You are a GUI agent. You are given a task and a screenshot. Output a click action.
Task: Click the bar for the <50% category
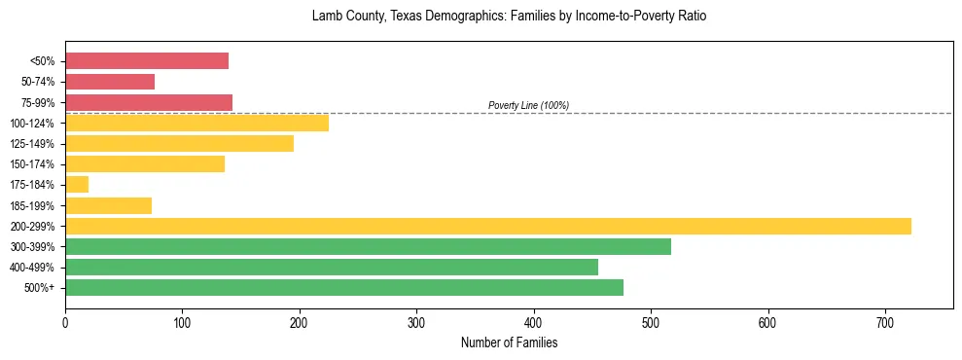click(147, 61)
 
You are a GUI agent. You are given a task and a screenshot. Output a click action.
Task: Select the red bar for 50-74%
click(110, 82)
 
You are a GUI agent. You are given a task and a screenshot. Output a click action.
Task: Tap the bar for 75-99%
click(149, 102)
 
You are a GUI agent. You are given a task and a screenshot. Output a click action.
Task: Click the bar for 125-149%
click(179, 143)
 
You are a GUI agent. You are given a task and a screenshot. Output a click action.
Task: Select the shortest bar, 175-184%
click(77, 185)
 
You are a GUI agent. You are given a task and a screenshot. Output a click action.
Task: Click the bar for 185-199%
click(108, 205)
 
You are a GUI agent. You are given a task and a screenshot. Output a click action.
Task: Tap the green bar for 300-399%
click(368, 246)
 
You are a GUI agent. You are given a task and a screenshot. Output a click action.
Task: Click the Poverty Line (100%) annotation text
click(528, 105)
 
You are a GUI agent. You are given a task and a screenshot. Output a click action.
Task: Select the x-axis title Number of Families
click(509, 342)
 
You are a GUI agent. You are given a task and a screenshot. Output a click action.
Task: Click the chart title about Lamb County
click(509, 17)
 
